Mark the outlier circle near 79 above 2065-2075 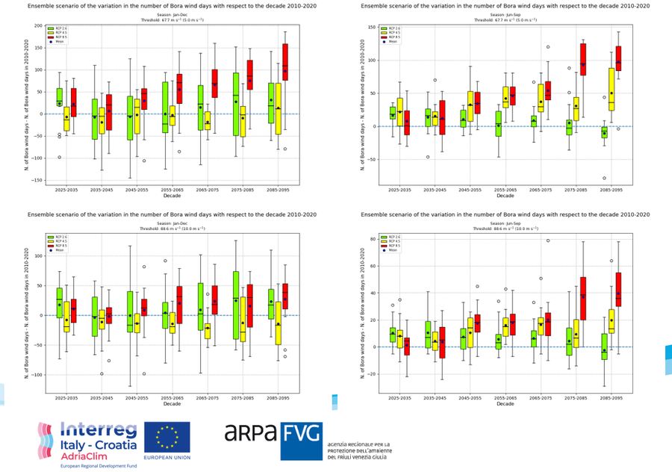547,240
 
